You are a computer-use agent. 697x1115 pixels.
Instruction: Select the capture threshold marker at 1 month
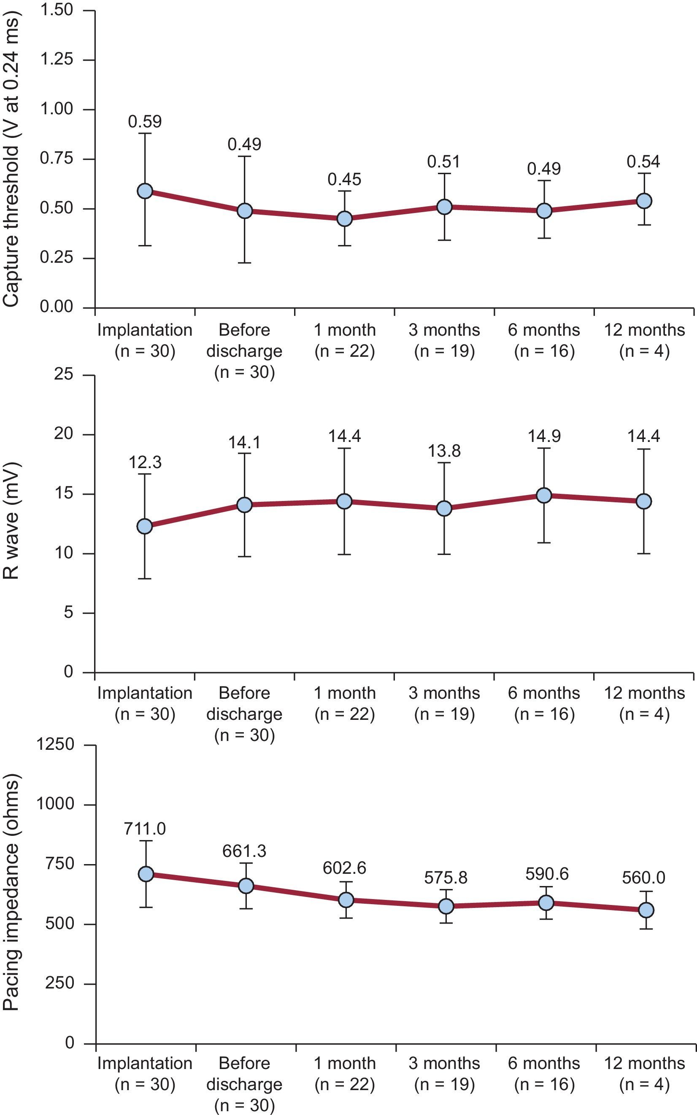(x=344, y=218)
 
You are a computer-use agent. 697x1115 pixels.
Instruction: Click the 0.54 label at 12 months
(x=643, y=162)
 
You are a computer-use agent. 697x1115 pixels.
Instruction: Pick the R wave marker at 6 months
(x=544, y=496)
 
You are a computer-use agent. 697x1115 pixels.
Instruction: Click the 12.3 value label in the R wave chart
(x=145, y=462)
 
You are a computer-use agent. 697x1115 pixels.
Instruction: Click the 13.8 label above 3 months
(x=444, y=451)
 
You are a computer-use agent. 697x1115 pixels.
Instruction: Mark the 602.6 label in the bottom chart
(x=344, y=868)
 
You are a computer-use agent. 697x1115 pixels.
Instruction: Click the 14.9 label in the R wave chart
(x=544, y=436)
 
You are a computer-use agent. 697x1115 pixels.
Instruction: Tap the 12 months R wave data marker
(x=643, y=501)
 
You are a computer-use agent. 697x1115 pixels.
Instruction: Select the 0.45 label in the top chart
(x=344, y=179)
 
